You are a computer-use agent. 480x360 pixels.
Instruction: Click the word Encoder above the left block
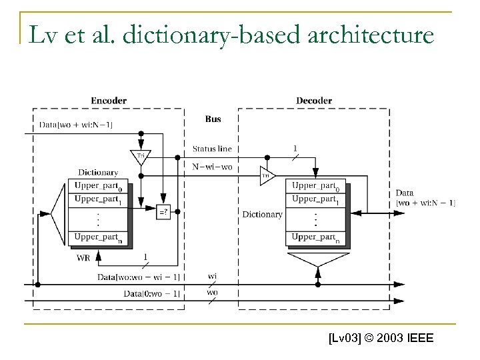[109, 101]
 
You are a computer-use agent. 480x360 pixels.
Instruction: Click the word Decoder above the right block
[314, 101]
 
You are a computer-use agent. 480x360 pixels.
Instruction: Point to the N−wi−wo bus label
[212, 167]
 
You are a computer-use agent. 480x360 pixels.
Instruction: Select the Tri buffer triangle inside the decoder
[265, 176]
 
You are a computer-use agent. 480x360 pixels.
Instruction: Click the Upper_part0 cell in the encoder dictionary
[100, 187]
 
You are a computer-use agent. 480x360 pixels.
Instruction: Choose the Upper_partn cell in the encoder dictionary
[100, 237]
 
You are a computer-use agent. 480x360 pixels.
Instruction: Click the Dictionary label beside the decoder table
[262, 215]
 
